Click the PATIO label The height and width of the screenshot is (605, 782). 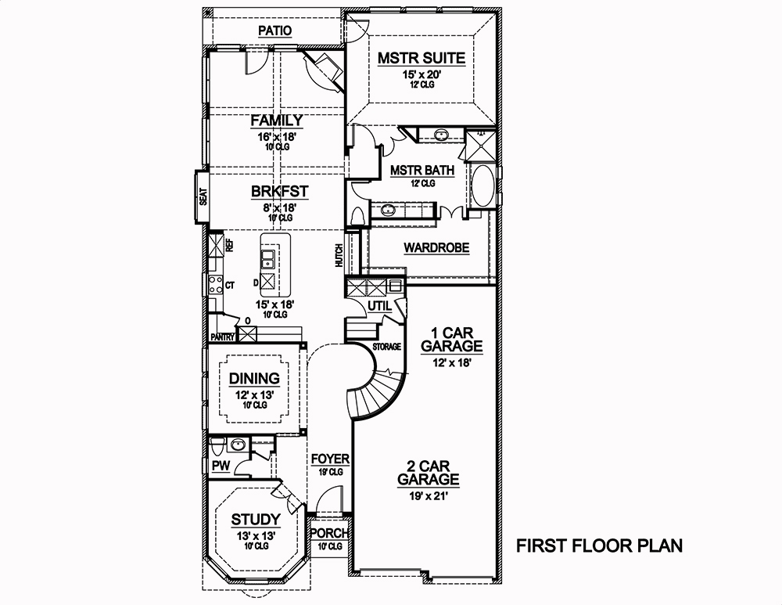(x=274, y=31)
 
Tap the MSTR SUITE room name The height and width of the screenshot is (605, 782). (x=421, y=58)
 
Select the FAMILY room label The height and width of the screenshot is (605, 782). (x=276, y=120)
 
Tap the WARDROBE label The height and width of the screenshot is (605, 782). (x=436, y=248)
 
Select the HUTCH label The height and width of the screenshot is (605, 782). (x=339, y=256)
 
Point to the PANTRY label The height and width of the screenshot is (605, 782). (x=223, y=337)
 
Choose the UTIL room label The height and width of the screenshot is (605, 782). (x=379, y=305)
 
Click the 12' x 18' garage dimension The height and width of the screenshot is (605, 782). (x=451, y=362)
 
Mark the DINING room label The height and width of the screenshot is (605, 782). (x=254, y=379)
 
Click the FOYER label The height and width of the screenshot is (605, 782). (x=329, y=459)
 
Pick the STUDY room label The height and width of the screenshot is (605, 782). (x=256, y=519)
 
